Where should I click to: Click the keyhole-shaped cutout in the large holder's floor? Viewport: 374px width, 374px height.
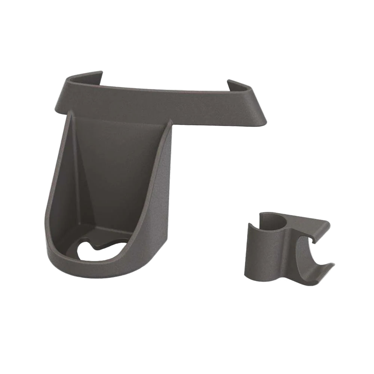coord(101,252)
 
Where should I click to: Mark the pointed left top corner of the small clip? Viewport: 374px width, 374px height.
coord(250,225)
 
